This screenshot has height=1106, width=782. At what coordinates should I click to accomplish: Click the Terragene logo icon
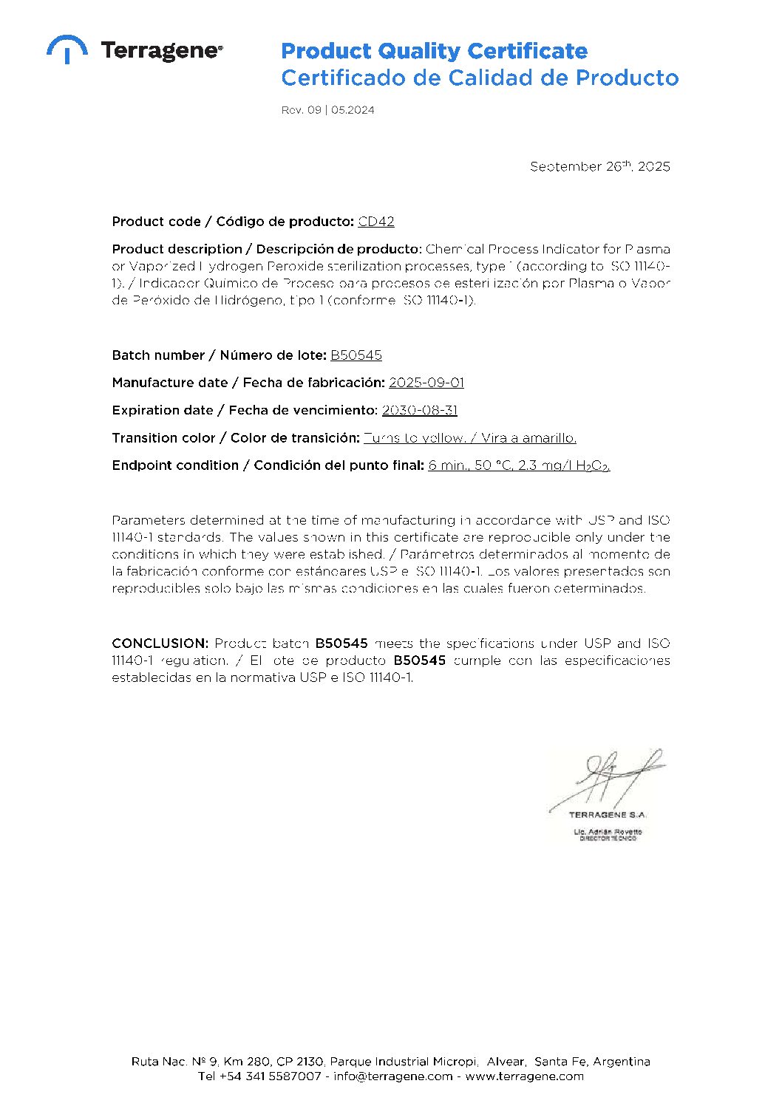[67, 48]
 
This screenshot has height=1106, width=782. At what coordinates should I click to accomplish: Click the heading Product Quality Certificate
[434, 51]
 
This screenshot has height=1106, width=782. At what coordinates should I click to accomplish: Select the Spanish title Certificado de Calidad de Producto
[479, 78]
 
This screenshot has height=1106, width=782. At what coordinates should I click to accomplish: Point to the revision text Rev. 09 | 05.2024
[327, 110]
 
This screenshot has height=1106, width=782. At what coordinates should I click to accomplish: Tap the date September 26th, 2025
[599, 166]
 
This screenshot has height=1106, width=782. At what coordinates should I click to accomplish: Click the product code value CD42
[376, 222]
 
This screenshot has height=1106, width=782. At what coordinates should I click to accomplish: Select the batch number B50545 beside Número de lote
[356, 355]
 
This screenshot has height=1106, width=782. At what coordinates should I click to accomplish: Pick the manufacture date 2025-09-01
[426, 383]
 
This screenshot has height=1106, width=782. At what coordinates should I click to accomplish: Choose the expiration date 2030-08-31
[420, 410]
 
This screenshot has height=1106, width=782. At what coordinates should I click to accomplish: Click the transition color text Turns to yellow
[415, 438]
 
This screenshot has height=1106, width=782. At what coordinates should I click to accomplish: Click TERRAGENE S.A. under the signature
[608, 815]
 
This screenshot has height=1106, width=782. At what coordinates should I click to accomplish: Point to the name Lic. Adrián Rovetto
[608, 832]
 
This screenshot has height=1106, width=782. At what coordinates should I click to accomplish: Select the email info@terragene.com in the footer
[393, 1076]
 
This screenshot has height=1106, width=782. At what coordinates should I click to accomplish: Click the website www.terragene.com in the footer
[524, 1076]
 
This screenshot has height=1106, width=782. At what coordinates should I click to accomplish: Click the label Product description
[177, 249]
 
